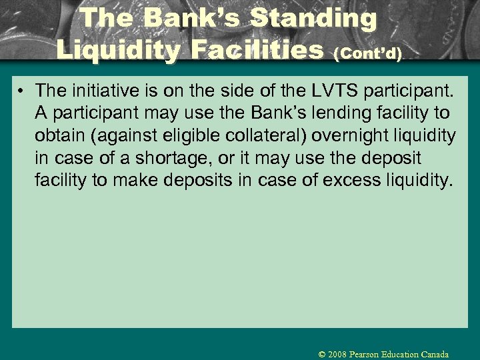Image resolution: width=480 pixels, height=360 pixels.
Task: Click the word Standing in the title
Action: coord(313,19)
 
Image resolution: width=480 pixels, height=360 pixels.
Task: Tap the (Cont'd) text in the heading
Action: coord(371,54)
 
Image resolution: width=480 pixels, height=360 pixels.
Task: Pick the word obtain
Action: coord(61,136)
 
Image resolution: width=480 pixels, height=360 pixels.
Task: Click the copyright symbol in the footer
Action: coord(322,355)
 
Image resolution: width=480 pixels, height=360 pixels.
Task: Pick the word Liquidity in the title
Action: coord(118,50)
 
